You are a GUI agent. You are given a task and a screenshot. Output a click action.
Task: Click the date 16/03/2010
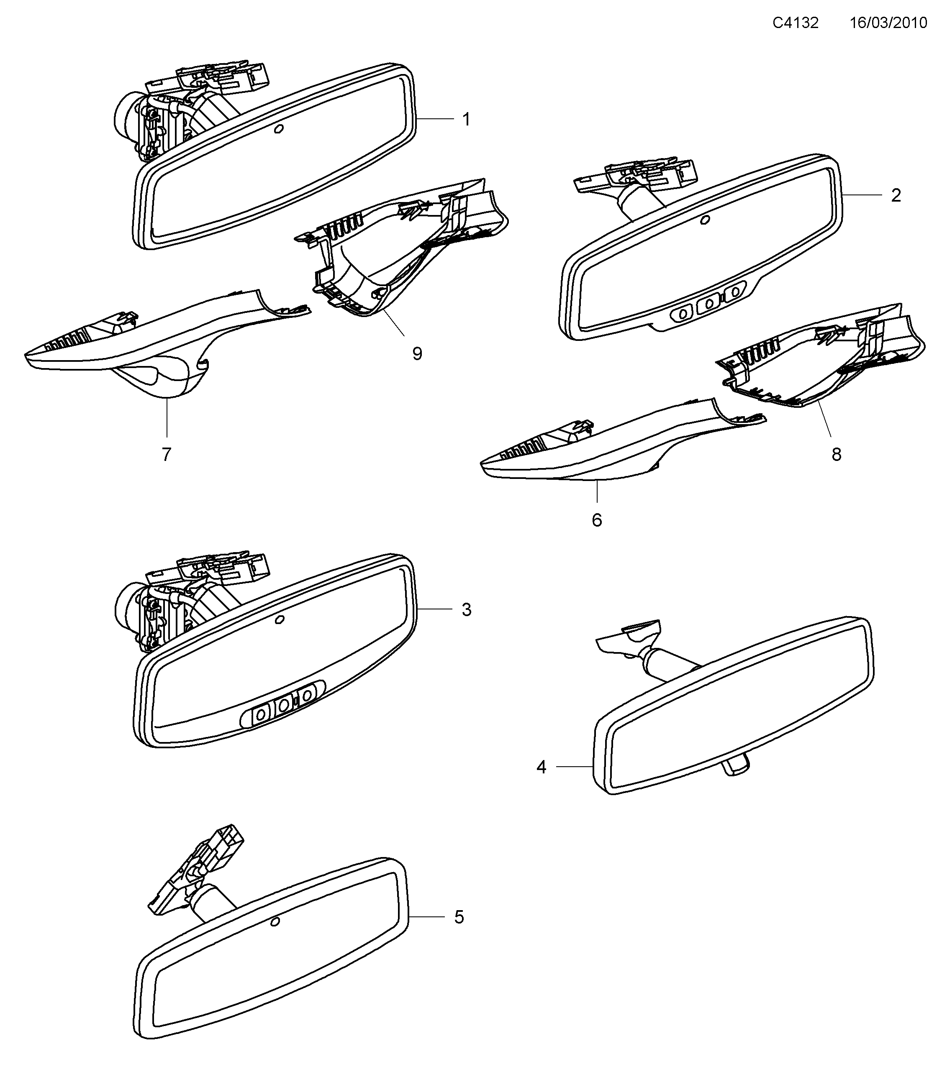coord(888,23)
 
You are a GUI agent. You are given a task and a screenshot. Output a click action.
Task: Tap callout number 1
coord(466,120)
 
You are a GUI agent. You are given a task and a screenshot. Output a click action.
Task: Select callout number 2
coord(896,195)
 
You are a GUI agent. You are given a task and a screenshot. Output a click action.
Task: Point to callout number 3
coord(466,610)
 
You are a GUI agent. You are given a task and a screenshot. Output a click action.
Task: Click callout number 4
coord(542,767)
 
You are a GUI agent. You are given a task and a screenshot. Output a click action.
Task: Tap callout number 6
coord(597,520)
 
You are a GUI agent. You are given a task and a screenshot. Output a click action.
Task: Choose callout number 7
coord(167,455)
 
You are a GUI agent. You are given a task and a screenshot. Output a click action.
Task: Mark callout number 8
coord(837,455)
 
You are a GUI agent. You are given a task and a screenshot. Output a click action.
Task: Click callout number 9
coord(417,354)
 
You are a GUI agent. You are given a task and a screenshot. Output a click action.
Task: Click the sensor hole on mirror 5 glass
coord(275,922)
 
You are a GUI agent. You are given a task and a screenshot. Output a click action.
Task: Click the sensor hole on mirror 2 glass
coord(705,220)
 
